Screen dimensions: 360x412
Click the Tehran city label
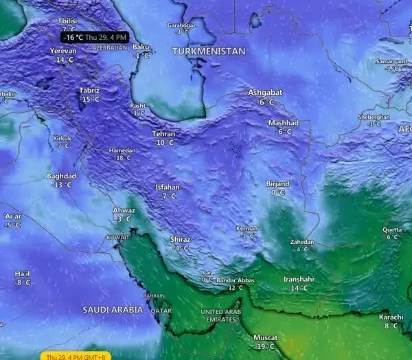tap(163, 134)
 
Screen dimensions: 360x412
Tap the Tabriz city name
tap(89, 91)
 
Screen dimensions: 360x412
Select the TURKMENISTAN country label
tap(209, 52)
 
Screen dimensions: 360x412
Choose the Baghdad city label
tap(61, 176)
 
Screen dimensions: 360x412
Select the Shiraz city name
tap(181, 239)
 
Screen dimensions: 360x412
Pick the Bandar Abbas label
tap(236, 280)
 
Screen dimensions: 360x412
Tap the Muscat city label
tap(265, 338)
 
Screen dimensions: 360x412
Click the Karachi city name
tap(391, 317)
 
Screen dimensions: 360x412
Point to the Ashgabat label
tap(265, 93)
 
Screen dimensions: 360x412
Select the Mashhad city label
tap(284, 122)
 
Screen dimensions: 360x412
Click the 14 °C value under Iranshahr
tap(300, 289)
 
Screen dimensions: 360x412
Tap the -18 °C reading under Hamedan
tap(122, 158)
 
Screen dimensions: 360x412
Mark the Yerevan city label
tap(63, 51)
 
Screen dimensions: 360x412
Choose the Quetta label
tap(392, 229)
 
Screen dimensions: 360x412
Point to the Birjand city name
tap(278, 183)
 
